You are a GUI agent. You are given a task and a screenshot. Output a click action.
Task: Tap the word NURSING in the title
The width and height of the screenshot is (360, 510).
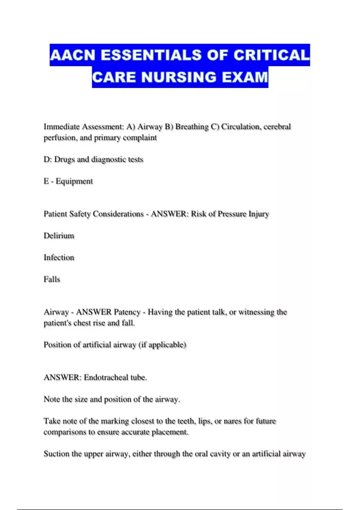179,77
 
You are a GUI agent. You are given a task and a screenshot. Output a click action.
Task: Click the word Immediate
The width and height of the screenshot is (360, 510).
61,127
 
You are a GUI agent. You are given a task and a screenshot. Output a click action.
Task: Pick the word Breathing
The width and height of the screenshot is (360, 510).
192,127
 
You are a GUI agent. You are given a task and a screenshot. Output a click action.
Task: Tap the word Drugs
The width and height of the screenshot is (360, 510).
64,159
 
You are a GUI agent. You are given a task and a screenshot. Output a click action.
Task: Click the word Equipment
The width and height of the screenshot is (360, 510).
74,181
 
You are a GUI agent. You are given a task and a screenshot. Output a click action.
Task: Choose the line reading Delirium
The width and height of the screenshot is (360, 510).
59,236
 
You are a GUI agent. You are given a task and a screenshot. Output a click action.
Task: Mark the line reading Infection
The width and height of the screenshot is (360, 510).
59,257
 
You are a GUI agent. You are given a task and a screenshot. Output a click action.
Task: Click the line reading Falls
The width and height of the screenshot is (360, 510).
52,279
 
